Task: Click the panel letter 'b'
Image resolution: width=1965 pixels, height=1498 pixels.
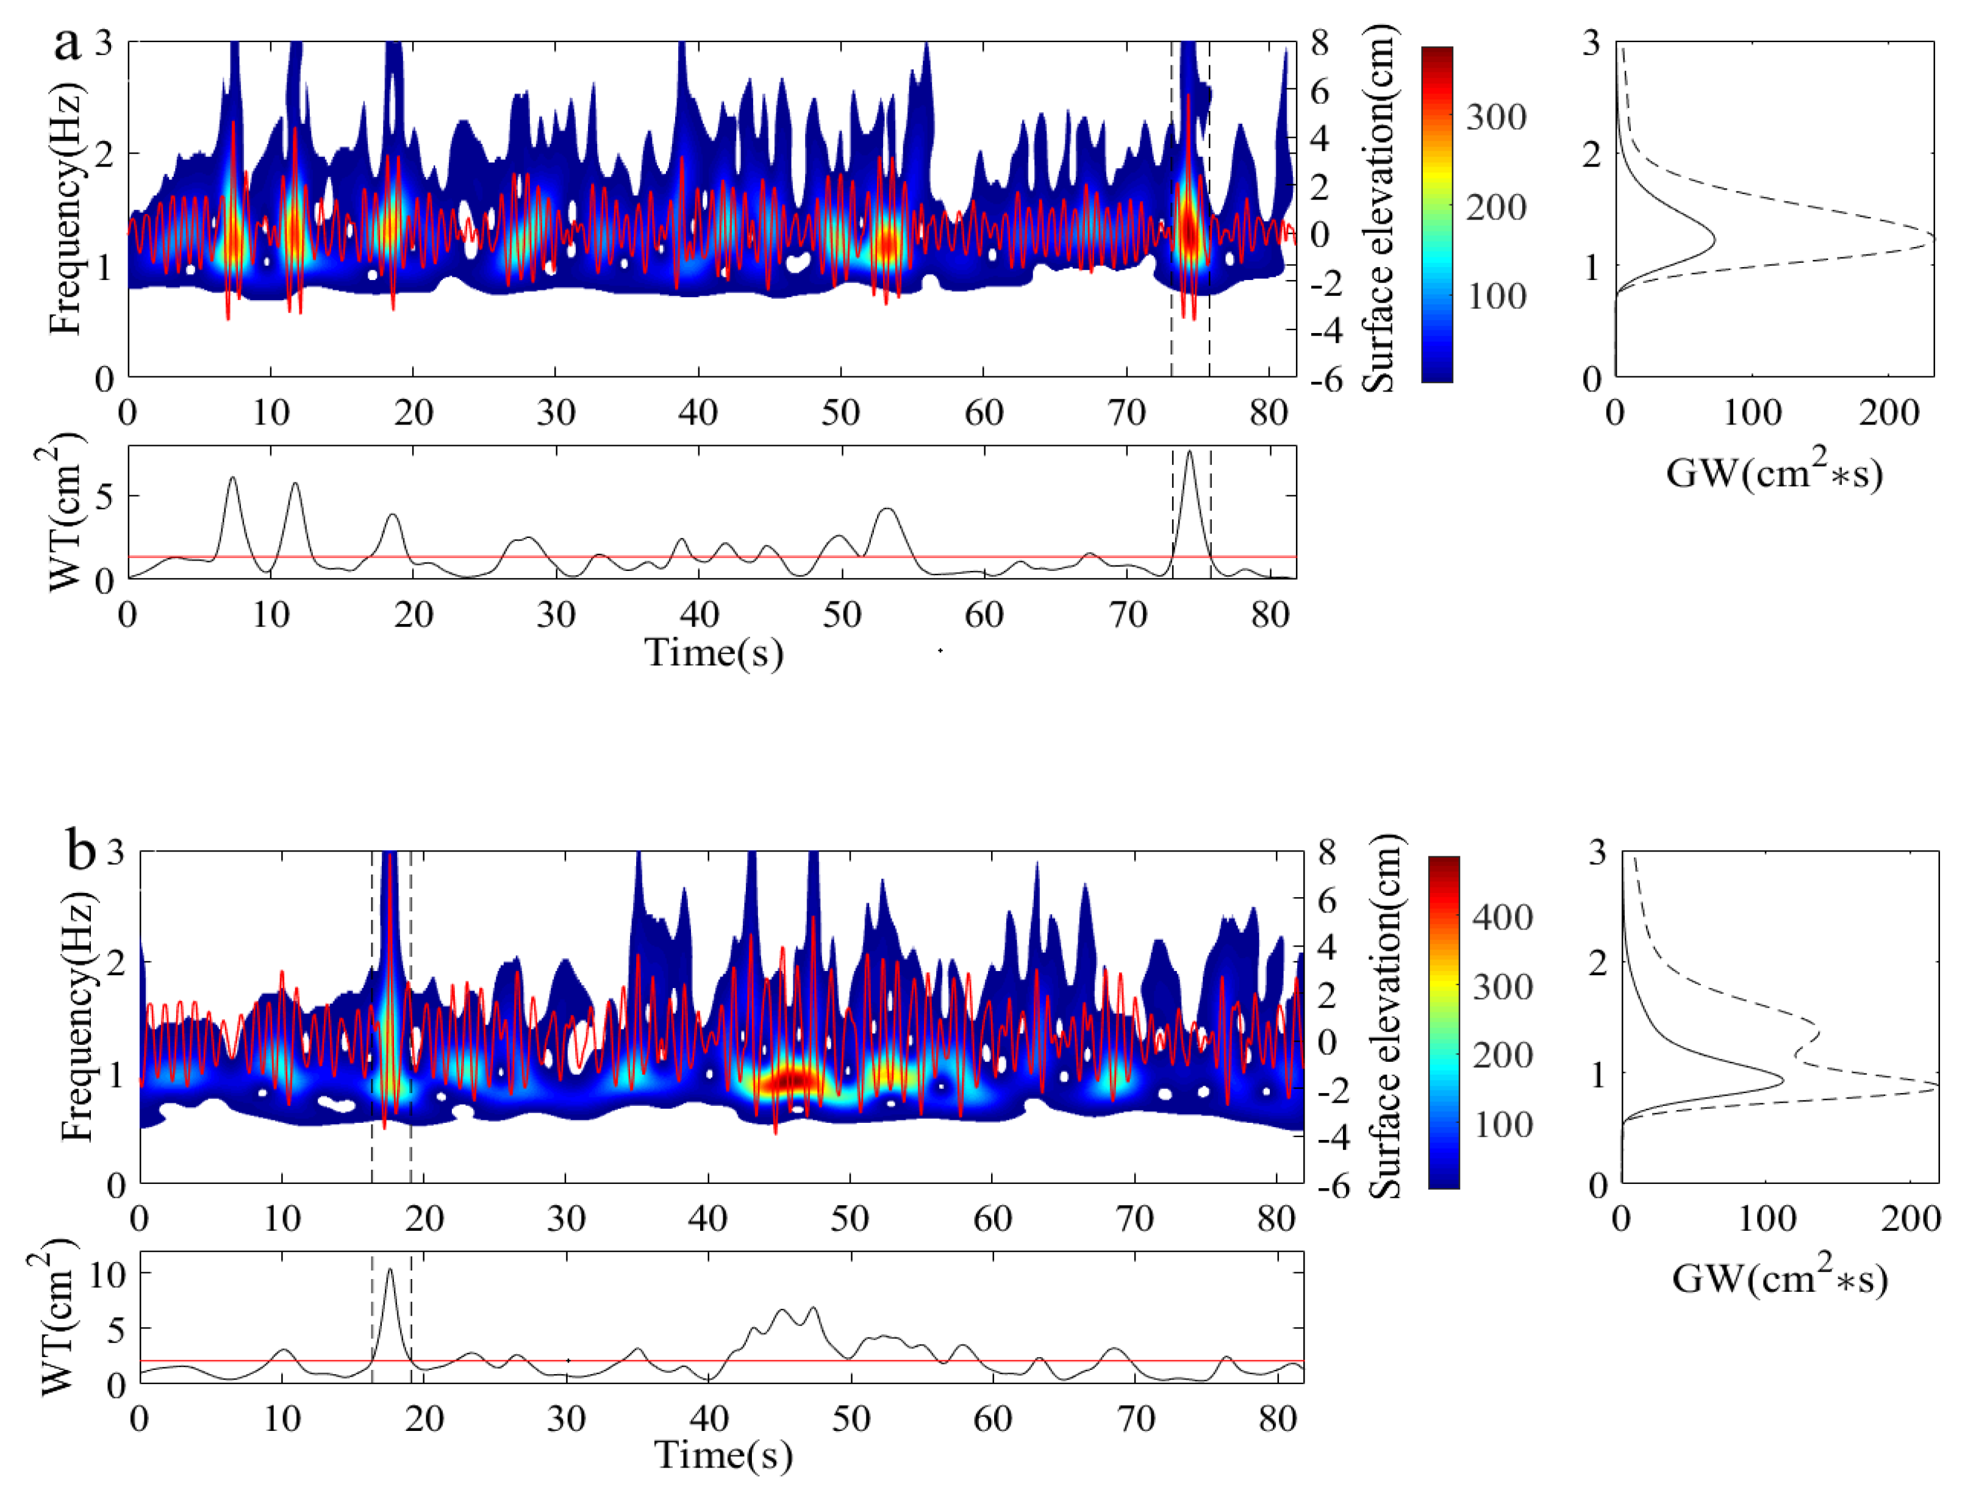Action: [x=81, y=851]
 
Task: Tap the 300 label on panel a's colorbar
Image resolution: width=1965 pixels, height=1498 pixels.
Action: [x=1496, y=117]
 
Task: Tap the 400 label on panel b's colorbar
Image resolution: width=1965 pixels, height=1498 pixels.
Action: [x=1502, y=917]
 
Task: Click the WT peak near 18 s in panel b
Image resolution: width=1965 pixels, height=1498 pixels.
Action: [x=390, y=1270]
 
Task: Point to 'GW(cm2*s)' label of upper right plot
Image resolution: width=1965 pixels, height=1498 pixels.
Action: [x=1774, y=473]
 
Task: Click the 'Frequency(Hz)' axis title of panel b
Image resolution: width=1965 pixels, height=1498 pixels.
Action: [x=79, y=1018]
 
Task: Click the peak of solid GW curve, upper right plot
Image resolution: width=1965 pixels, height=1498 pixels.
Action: [x=1714, y=240]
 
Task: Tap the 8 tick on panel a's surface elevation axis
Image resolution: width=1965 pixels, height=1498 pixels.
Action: [x=1320, y=43]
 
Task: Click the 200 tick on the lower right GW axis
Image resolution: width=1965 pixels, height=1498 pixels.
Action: [x=1911, y=1218]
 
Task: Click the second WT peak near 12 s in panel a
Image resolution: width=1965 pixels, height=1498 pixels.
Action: [x=295, y=484]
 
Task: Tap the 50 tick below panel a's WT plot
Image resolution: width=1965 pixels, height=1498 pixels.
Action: [x=841, y=615]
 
